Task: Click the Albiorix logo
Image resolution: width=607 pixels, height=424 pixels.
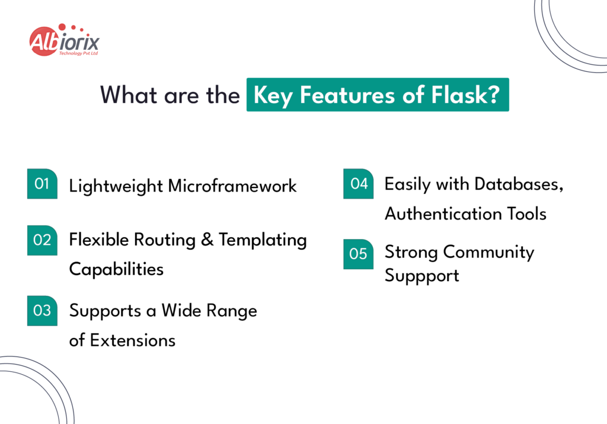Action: [x=64, y=40]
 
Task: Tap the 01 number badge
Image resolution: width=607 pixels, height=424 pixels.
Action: [x=42, y=184]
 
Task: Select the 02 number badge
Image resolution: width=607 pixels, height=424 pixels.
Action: [x=42, y=240]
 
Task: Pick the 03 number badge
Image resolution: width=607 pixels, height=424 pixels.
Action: [x=42, y=310]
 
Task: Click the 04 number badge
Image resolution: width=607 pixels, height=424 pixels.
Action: [x=359, y=184]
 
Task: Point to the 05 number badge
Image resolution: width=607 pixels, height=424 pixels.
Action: [x=359, y=254]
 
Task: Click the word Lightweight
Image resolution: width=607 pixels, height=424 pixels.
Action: [x=116, y=186]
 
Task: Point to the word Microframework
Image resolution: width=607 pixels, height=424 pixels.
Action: [x=232, y=186]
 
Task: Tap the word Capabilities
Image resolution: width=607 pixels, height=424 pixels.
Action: [x=116, y=269]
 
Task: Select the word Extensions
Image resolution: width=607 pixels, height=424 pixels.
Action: [x=132, y=340]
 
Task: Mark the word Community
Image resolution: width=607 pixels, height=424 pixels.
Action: [x=488, y=252]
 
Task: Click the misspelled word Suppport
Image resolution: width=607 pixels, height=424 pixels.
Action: [x=422, y=276]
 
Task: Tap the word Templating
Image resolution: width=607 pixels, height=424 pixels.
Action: [x=263, y=240]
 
